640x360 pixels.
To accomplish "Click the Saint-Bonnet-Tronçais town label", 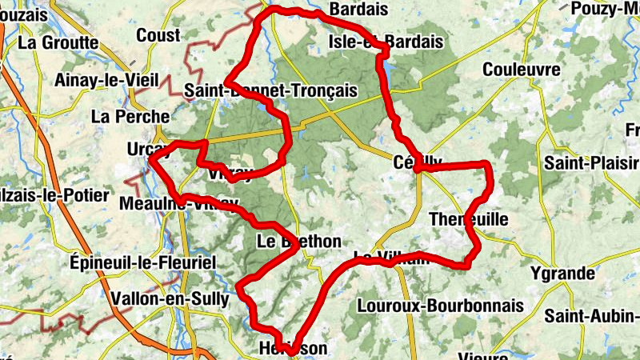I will (x=270, y=90).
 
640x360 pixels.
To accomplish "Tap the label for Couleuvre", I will (x=521, y=69).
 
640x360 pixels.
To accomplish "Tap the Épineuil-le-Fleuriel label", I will (x=142, y=262).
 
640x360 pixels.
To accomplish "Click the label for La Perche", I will (x=130, y=116).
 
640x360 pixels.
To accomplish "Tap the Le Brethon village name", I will (x=299, y=242).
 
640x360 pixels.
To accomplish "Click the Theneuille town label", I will (x=468, y=219).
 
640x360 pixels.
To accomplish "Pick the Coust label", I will (x=158, y=34).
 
